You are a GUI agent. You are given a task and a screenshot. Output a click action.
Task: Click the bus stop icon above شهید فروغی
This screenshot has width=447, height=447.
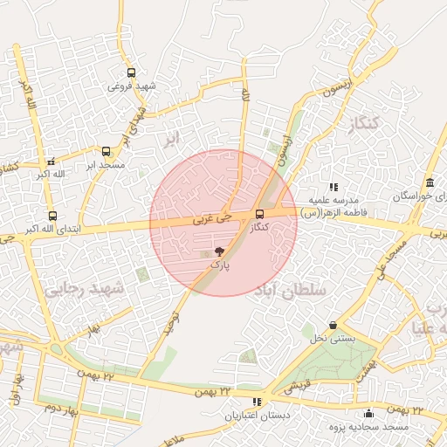point(131,73)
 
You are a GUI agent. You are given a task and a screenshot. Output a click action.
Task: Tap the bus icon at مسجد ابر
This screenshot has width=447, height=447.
point(107,151)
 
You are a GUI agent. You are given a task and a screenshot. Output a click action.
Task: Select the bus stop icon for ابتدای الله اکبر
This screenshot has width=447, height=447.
point(52,216)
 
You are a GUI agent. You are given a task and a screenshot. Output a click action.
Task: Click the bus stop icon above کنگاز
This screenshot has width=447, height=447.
point(258,214)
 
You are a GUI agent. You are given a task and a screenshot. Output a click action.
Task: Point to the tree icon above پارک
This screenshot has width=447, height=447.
point(218,251)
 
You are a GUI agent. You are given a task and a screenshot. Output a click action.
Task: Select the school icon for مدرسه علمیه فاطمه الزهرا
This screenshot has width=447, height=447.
point(333,187)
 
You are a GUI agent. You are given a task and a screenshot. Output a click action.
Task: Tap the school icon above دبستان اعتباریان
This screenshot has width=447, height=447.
point(257,402)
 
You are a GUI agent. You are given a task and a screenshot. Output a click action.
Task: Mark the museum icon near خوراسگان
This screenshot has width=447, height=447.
point(430,182)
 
